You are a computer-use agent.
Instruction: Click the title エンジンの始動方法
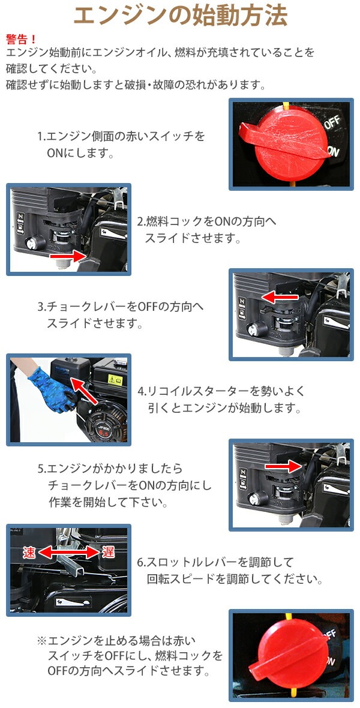pos(180,16)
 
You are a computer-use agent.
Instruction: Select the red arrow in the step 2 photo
pos(68,256)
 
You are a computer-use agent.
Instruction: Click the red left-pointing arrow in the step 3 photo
pos(280,297)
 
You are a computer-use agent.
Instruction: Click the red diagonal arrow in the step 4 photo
pos(84,391)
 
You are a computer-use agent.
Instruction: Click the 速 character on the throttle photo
pos(30,552)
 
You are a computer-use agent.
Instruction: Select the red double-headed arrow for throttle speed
pos(69,552)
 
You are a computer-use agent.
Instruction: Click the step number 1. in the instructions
pos(42,136)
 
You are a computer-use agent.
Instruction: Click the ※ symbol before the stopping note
pos(41,641)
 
